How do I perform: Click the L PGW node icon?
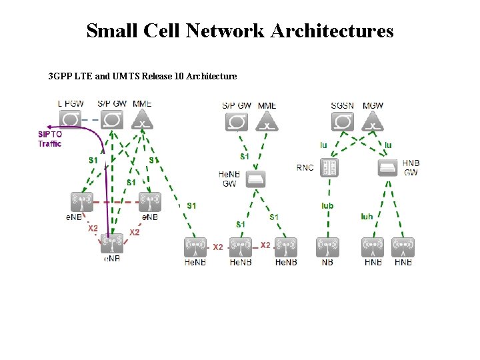click(70, 121)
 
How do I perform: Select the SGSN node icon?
click(343, 121)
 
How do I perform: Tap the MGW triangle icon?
click(373, 122)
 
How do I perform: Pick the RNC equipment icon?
click(328, 167)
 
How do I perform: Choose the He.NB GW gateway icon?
click(255, 179)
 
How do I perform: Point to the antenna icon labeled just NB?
click(328, 248)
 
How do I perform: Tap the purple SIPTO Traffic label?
click(49, 139)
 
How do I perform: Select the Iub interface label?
click(327, 206)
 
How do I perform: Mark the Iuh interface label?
click(367, 216)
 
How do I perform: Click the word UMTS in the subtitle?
click(128, 76)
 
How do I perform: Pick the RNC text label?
click(305, 168)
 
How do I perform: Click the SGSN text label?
click(343, 106)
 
